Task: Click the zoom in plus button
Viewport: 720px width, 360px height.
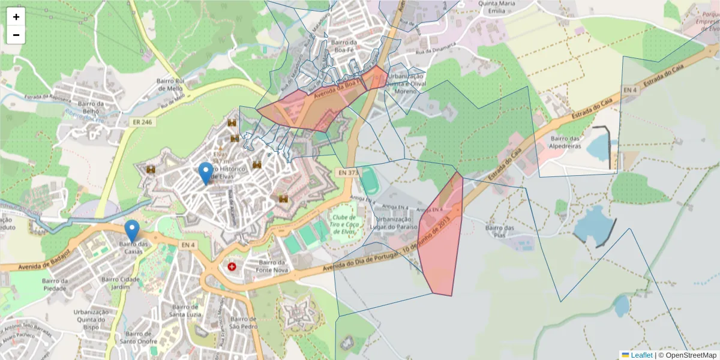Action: point(16,17)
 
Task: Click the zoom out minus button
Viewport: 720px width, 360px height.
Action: point(16,35)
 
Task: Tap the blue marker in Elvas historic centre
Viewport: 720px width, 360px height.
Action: point(206,173)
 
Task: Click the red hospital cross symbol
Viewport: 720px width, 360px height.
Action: point(232,266)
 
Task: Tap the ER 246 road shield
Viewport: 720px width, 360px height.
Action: point(139,122)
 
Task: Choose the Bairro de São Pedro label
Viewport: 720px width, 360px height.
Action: point(244,323)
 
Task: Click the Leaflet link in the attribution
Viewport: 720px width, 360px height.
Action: point(641,355)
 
